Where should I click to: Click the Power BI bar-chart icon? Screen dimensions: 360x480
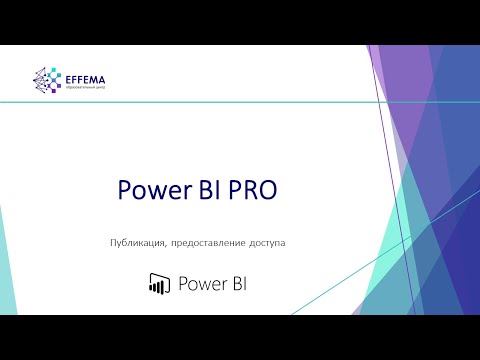click(157, 283)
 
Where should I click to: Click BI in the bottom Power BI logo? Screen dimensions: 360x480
click(237, 283)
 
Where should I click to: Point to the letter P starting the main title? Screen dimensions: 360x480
click(125, 191)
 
